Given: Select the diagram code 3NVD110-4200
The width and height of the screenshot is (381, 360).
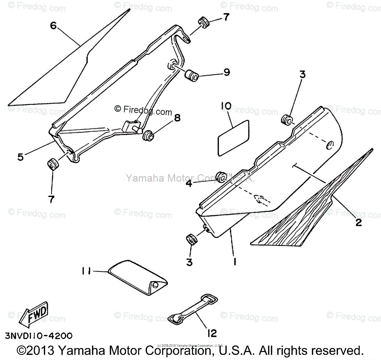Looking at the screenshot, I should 38,336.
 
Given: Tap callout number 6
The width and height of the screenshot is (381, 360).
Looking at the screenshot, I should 53,26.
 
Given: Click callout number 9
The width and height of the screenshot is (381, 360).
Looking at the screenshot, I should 227,72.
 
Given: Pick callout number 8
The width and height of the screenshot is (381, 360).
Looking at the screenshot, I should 177,118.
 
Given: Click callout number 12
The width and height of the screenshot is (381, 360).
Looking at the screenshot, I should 212,333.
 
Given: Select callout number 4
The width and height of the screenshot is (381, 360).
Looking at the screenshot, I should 189,184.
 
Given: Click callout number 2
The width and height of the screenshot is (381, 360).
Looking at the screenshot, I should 358,222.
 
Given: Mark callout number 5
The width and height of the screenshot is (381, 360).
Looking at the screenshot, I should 21,157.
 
